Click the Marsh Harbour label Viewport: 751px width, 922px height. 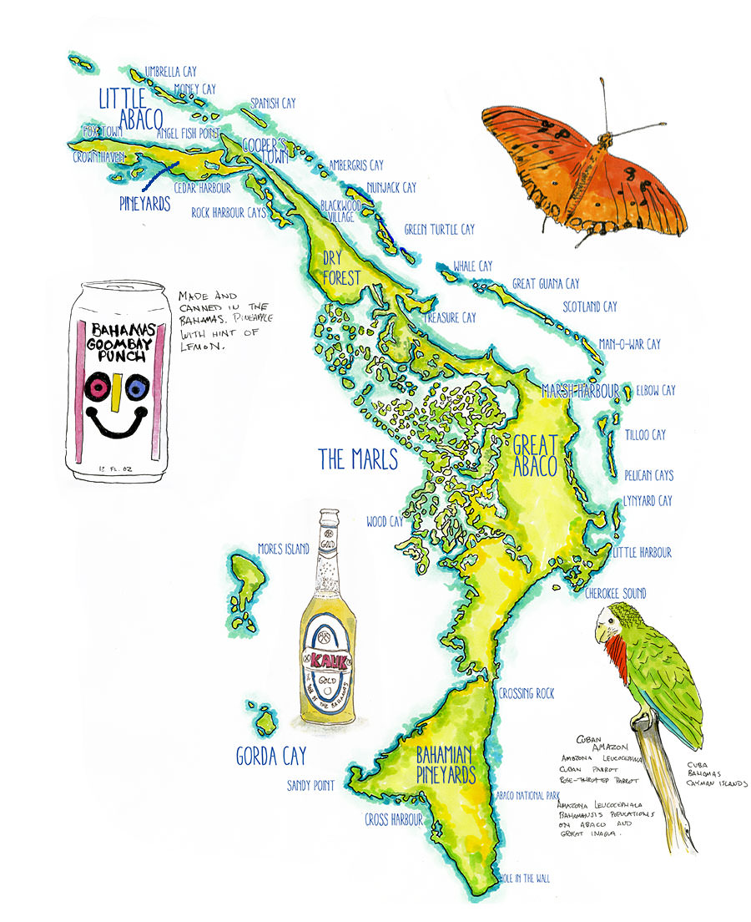pos(580,391)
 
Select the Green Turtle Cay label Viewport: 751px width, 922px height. pos(439,229)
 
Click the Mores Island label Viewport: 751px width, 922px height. pos(284,549)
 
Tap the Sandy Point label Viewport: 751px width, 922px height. pos(310,785)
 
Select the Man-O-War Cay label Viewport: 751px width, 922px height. pos(629,344)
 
